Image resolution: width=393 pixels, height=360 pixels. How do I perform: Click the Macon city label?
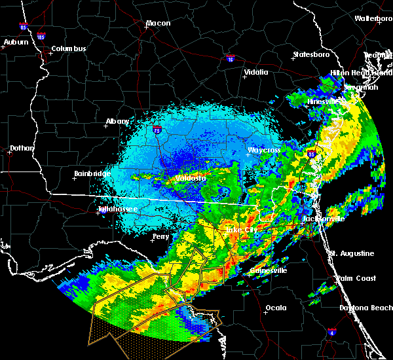point(158,24)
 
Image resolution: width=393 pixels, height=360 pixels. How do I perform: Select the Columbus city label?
point(69,49)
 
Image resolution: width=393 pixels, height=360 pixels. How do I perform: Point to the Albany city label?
point(118,121)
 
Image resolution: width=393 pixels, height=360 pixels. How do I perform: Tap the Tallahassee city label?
point(119,209)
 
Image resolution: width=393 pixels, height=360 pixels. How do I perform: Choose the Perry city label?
point(160,236)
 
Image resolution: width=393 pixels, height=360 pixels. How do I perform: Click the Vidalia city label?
point(256,73)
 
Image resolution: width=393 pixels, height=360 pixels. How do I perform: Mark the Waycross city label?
point(264,151)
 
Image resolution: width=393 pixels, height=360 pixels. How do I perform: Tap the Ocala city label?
point(276,308)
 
